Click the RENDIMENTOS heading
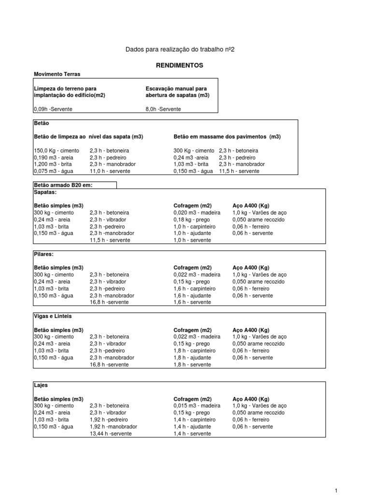179,65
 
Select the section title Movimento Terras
57,74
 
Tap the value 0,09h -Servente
53,109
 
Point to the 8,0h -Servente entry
163,109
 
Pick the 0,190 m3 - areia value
54,158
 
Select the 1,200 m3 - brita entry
54,164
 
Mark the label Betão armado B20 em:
63,185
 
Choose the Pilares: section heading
43,254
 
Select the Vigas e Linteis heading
53,316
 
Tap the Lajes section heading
41,385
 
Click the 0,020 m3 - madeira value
197,213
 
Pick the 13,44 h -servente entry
111,434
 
